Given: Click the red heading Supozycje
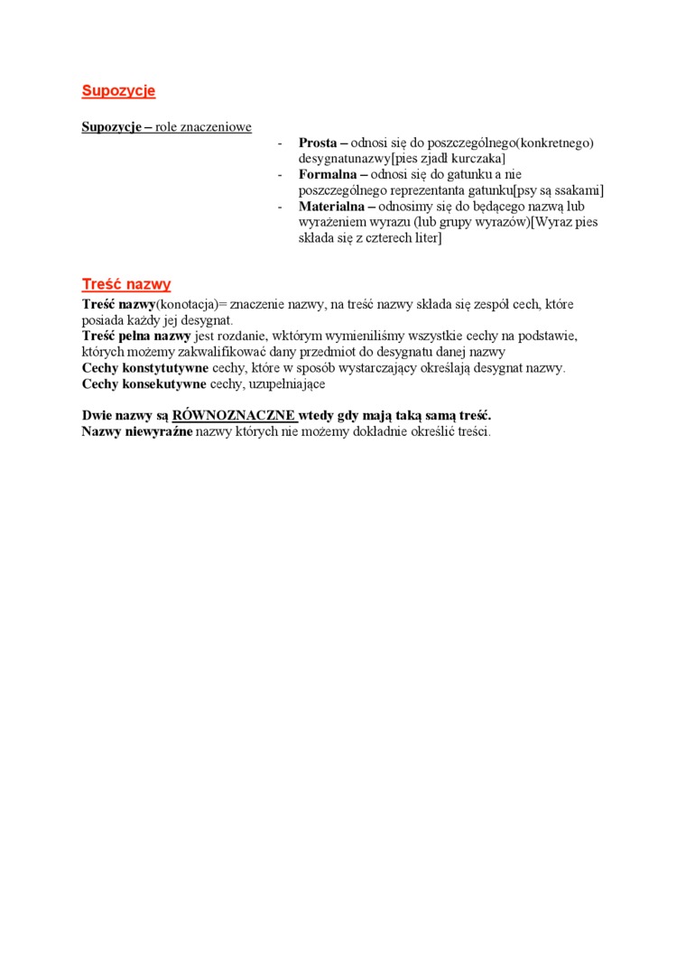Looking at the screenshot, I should point(118,91).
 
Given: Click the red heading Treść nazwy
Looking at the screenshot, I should point(125,284).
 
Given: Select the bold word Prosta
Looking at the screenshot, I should point(318,143).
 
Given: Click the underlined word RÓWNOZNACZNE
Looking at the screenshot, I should point(234,415).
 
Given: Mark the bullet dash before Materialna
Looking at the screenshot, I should point(281,207).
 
